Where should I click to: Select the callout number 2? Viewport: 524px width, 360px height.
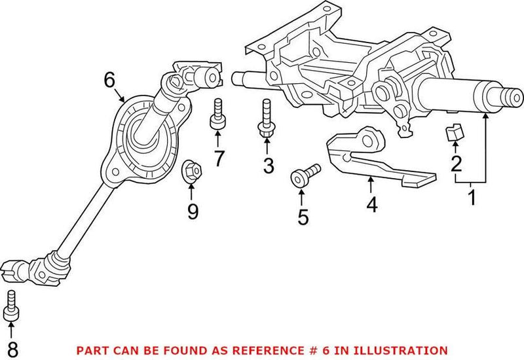pyautogui.click(x=455, y=164)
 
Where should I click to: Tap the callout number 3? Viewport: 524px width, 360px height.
pyautogui.click(x=267, y=166)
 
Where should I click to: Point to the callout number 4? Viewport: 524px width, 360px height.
pyautogui.click(x=371, y=204)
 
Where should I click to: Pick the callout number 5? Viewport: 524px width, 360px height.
pyautogui.click(x=302, y=217)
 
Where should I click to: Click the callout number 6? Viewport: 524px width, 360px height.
pyautogui.click(x=109, y=81)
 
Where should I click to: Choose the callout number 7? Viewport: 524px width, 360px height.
pyautogui.click(x=218, y=157)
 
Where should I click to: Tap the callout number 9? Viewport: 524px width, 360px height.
pyautogui.click(x=192, y=211)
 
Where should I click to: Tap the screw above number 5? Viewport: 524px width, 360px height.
pyautogui.click(x=305, y=175)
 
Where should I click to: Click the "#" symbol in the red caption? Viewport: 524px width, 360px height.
pyautogui.click(x=303, y=351)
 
